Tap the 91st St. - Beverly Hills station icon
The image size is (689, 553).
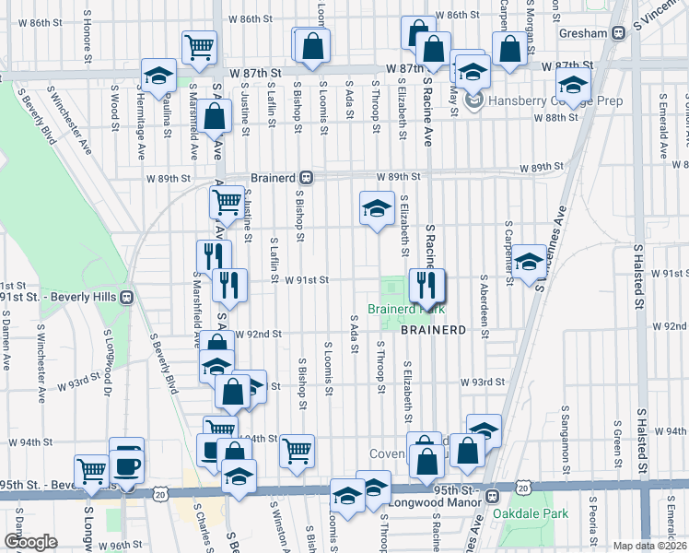tap(128, 298)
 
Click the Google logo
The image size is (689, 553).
tap(30, 542)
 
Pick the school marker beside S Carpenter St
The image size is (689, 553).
tap(529, 262)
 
